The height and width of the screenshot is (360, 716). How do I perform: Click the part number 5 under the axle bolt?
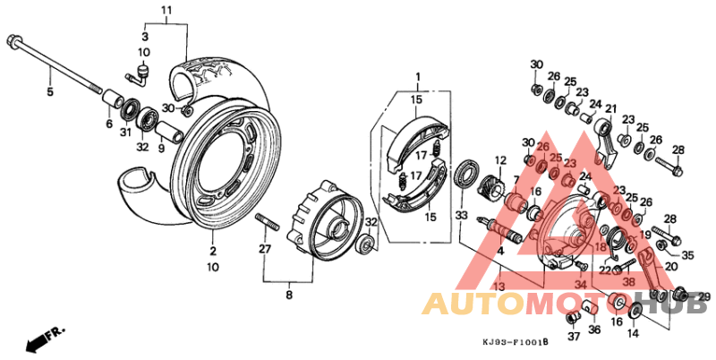(x=50, y=91)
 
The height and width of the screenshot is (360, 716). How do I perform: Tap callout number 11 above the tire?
(x=166, y=10)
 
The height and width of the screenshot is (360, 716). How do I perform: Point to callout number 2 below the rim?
(x=213, y=252)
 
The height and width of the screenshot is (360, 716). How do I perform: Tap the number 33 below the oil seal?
(x=461, y=215)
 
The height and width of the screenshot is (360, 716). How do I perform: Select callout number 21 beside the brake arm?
(x=612, y=109)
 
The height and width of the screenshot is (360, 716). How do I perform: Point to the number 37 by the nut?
(x=574, y=338)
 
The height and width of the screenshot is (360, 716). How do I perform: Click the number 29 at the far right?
(x=704, y=296)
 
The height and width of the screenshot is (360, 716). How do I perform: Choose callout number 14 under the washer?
(x=633, y=333)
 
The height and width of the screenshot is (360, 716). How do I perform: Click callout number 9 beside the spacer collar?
(x=161, y=148)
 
